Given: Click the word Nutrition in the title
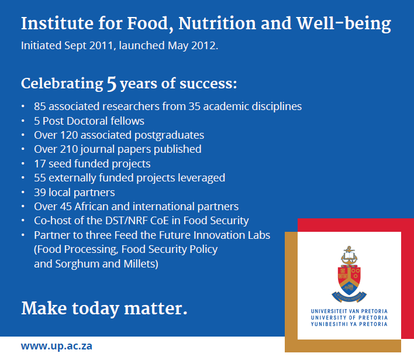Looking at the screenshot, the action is [218, 23].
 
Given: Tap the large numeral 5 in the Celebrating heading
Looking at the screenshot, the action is [112, 84].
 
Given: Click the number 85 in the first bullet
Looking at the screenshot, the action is [40, 107].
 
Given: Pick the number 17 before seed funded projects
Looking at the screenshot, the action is [40, 164].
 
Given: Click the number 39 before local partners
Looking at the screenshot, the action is [40, 193].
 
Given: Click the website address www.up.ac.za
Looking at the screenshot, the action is [57, 346].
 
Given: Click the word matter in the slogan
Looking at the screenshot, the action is [156, 308].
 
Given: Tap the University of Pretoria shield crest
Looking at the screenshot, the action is [349, 275].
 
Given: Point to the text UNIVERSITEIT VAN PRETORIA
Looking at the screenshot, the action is [349, 311].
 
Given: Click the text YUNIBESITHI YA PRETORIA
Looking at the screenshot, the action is [349, 324].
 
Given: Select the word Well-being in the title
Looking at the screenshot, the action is [343, 24].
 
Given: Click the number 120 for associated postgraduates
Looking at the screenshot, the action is [69, 135].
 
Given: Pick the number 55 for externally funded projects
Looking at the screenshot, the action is [40, 178].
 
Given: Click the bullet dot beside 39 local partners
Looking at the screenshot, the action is [23, 193].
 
